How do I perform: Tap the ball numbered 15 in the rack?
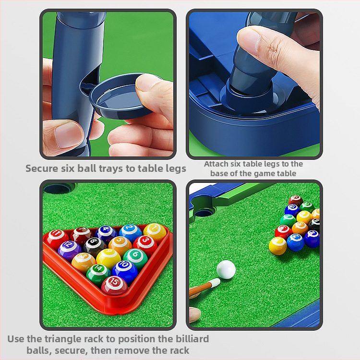(114, 286)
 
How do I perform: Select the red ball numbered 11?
(57, 239)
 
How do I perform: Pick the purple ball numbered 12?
(70, 251)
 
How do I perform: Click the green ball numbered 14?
(98, 275)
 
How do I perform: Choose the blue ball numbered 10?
(125, 271)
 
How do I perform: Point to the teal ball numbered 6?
(135, 259)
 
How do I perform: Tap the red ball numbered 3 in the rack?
(145, 245)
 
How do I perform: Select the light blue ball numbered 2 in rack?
(131, 233)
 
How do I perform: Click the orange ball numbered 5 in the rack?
(120, 246)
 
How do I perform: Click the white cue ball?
(226, 270)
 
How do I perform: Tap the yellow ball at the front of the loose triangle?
(278, 246)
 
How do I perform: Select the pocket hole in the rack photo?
(59, 188)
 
